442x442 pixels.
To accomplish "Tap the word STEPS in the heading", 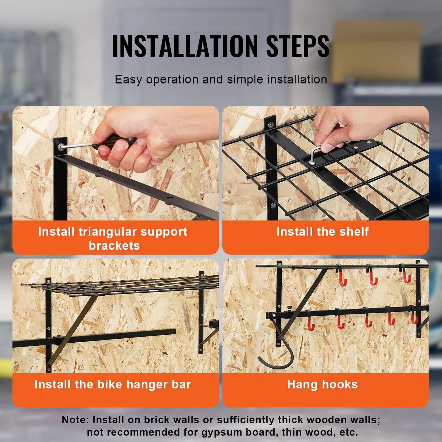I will point(297,46).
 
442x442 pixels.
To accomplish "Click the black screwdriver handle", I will point(115,141).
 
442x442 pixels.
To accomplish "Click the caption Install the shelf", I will point(322,232).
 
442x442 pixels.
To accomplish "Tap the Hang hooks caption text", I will point(322,384).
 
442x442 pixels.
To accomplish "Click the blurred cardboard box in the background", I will point(376,52).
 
